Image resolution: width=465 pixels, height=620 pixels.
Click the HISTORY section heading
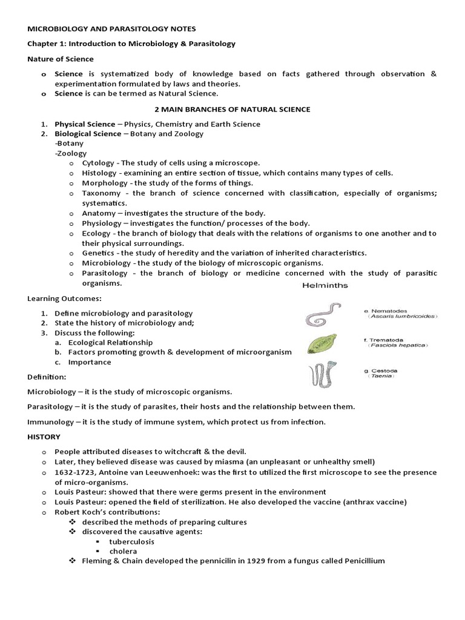[44, 436]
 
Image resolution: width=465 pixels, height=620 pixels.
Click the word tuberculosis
[131, 541]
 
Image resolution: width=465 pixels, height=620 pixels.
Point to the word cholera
[123, 551]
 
